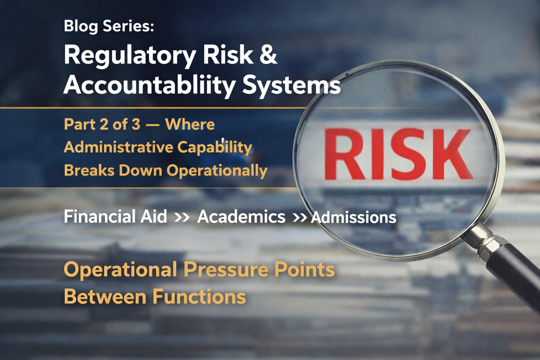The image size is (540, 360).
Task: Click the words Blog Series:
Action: [x=109, y=26]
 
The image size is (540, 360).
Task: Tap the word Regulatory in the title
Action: [x=130, y=56]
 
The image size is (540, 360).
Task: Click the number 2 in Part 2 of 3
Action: [x=104, y=124]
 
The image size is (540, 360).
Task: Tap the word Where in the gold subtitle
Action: [x=190, y=124]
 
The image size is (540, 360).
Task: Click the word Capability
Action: [x=214, y=147]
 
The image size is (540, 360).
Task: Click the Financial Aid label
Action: [x=115, y=217]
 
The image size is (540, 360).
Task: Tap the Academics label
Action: [x=241, y=217]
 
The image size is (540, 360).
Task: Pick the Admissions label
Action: [x=354, y=217]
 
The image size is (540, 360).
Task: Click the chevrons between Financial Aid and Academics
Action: [x=182, y=217]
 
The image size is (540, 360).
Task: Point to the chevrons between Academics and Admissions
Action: [x=300, y=218]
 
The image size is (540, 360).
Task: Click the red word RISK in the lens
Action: [x=397, y=155]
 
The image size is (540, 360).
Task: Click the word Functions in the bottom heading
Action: [x=199, y=297]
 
